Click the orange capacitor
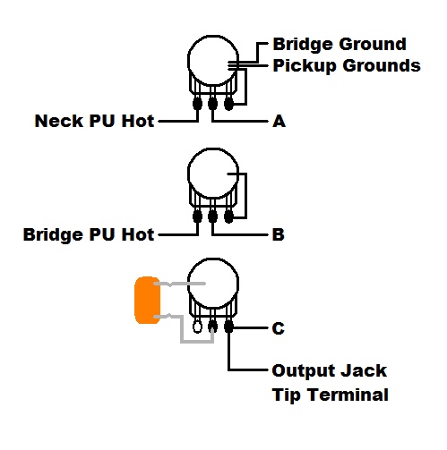pyautogui.click(x=147, y=301)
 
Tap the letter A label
pyautogui.click(x=279, y=122)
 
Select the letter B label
pyautogui.click(x=279, y=234)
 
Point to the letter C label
pyautogui.click(x=279, y=328)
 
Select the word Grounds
pyautogui.click(x=382, y=65)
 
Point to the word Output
pyautogui.click(x=304, y=371)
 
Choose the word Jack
pyautogui.click(x=364, y=370)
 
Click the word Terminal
pyautogui.click(x=348, y=395)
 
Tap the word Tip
pyautogui.click(x=287, y=395)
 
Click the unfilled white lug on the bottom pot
pyautogui.click(x=197, y=327)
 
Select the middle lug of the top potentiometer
pyautogui.click(x=212, y=104)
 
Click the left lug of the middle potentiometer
pyautogui.click(x=197, y=217)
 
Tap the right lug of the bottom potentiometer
pyautogui.click(x=228, y=327)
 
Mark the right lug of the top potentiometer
pyautogui.click(x=228, y=104)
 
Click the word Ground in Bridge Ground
pyautogui.click(x=373, y=44)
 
